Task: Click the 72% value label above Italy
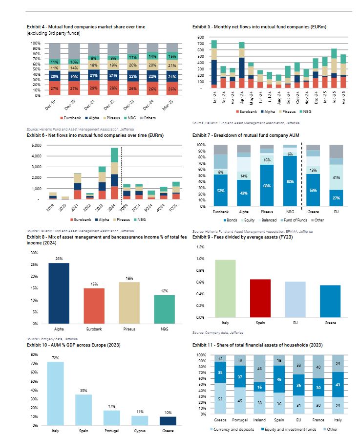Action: click(x=55, y=358)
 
